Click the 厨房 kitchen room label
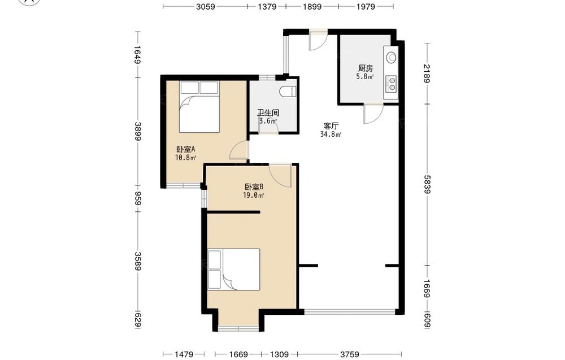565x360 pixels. tap(366, 68)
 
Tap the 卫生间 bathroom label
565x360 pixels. tap(268, 113)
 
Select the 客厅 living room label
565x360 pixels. tap(331, 126)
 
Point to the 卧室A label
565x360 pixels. tap(185, 149)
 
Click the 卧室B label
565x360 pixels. tap(254, 187)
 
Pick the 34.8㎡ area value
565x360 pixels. tap(331, 135)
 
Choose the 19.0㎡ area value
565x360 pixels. tap(254, 196)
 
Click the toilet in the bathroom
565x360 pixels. tap(288, 92)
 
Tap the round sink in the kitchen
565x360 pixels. tap(391, 57)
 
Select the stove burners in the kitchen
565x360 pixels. tap(391, 83)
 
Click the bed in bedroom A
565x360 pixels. tap(199, 107)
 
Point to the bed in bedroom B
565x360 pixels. tap(234, 269)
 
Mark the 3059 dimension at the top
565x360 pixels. tap(206, 6)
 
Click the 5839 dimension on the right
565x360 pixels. tap(427, 184)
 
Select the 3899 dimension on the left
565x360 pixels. tap(138, 131)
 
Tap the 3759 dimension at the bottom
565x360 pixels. tap(350, 354)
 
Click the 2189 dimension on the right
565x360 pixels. tap(427, 73)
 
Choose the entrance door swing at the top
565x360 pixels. tap(318, 41)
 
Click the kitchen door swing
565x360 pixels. tap(373, 114)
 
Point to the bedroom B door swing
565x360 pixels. tap(281, 176)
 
